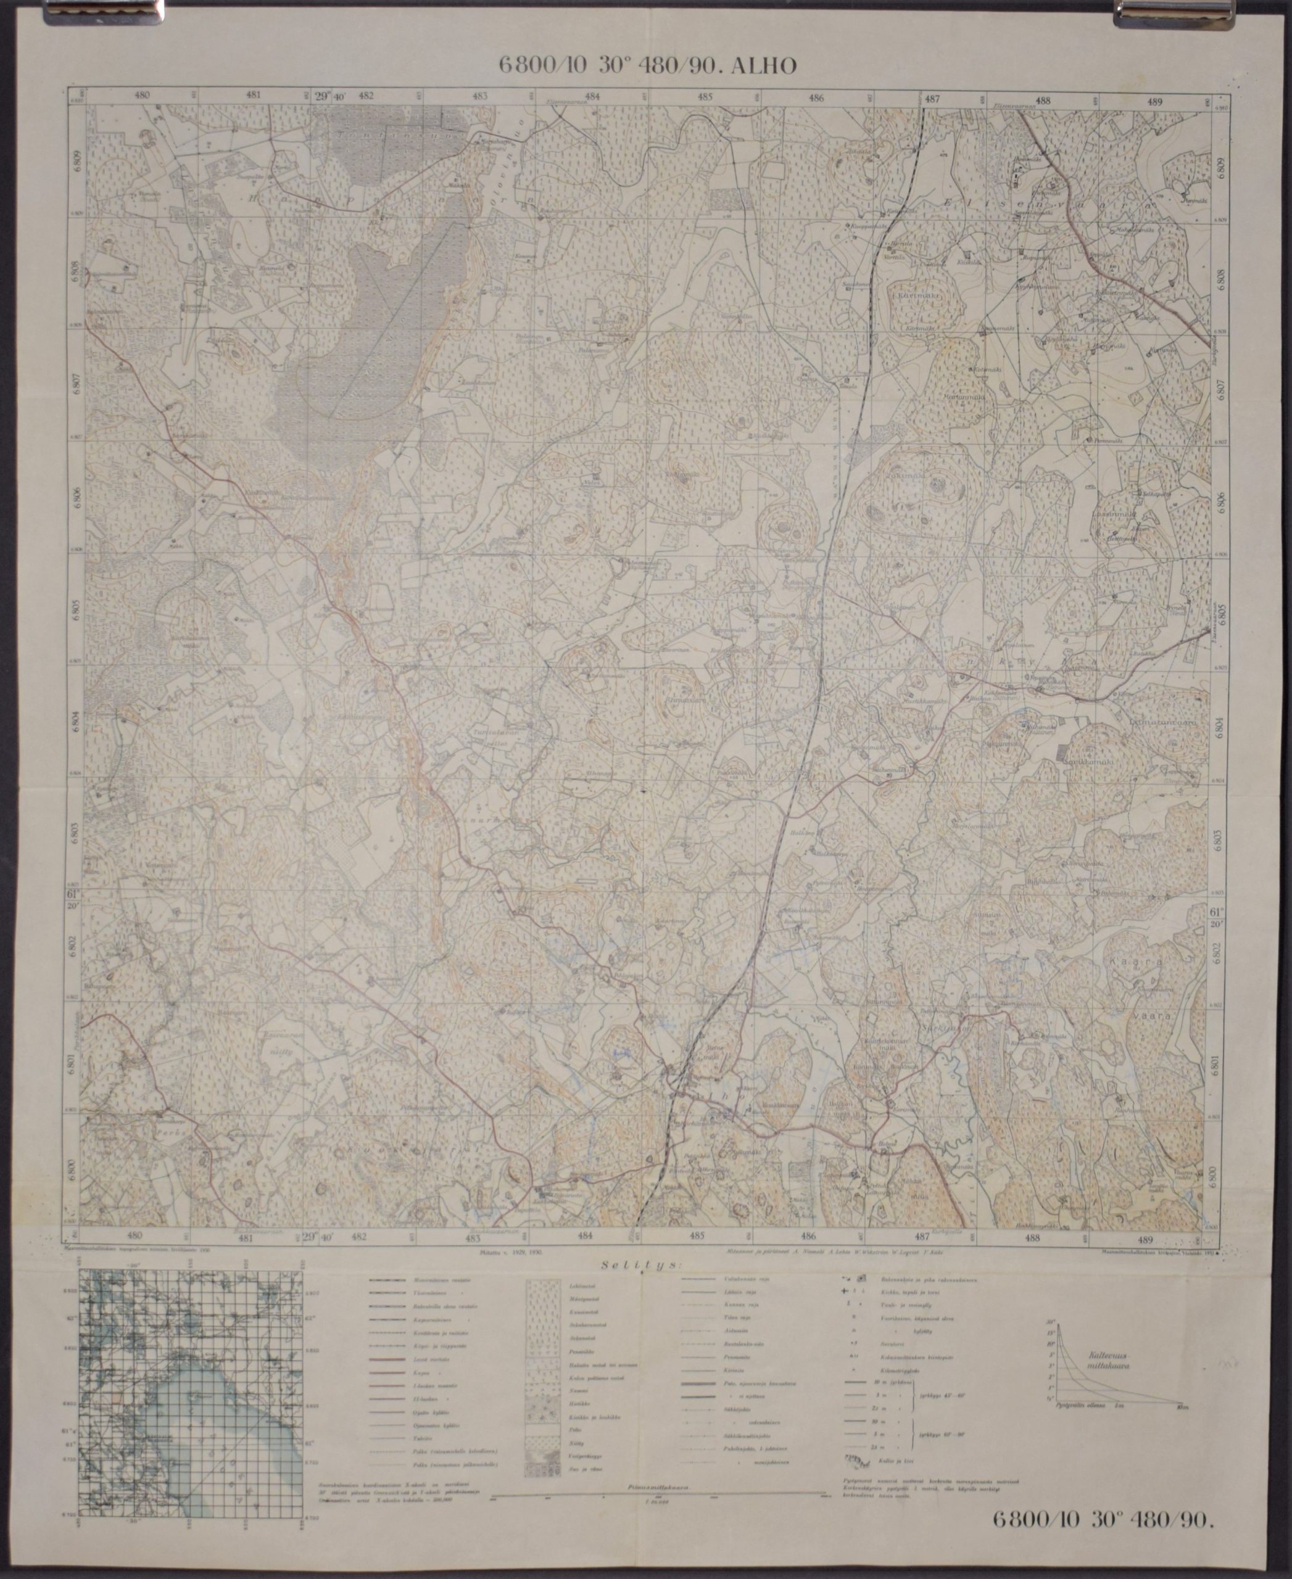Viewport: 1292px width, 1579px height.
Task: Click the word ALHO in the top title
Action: pyautogui.click(x=765, y=66)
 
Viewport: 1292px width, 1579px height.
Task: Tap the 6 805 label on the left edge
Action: pyautogui.click(x=75, y=608)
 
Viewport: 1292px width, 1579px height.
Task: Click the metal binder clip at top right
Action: pyautogui.click(x=1146, y=10)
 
